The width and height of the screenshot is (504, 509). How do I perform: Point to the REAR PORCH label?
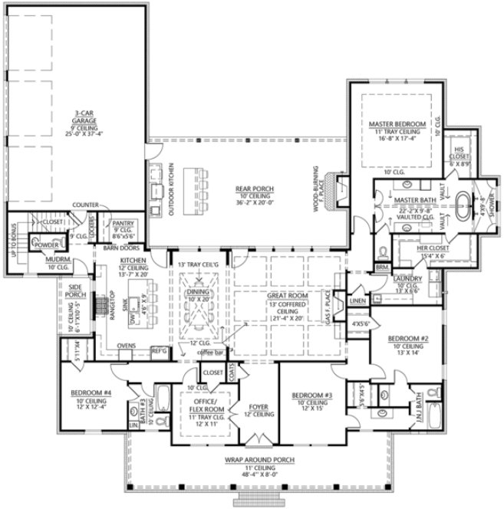pos(251,189)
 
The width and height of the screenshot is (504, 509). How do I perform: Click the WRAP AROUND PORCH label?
pos(260,459)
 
